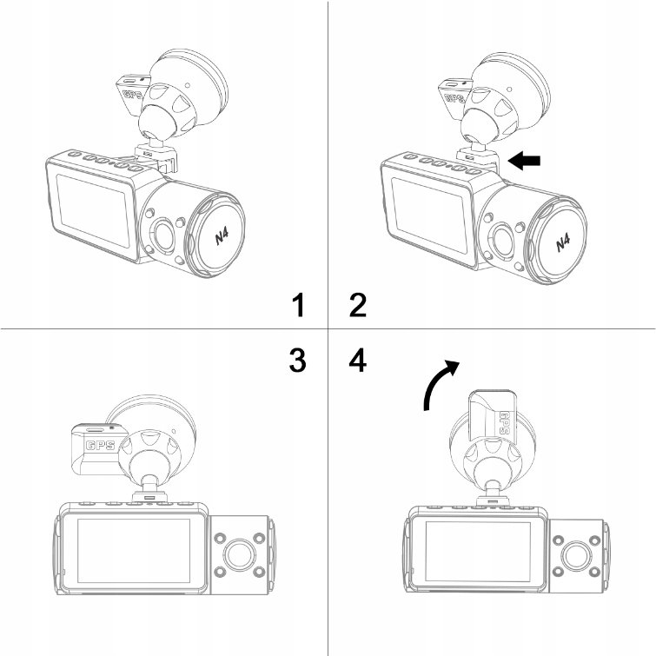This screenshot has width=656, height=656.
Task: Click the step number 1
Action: click(298, 305)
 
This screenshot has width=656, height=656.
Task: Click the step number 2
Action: click(358, 305)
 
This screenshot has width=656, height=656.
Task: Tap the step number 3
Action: click(297, 360)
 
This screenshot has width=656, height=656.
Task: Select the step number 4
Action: click(358, 360)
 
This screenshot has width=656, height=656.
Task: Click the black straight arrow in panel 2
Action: click(523, 161)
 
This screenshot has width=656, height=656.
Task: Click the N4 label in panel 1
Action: click(222, 237)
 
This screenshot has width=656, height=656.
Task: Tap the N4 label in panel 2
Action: click(563, 242)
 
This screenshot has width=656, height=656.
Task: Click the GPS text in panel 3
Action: click(100, 445)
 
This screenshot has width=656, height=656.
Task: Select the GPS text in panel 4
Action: click(505, 423)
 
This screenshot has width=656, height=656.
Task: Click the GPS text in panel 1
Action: click(133, 94)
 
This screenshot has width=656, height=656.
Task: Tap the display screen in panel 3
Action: click(134, 550)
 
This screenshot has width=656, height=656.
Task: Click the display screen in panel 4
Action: click(478, 551)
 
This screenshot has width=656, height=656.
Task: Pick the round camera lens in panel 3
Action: click(240, 554)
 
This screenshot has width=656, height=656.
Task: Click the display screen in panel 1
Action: click(94, 210)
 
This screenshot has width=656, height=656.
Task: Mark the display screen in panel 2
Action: click(429, 215)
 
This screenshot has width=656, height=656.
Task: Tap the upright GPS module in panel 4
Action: click(492, 414)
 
